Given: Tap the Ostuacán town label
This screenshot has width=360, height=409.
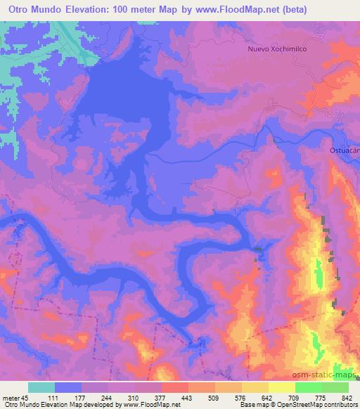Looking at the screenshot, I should (x=344, y=150).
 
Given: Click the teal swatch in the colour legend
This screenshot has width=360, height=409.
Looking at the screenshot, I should (x=41, y=387).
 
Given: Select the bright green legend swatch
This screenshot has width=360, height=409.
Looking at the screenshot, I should (x=309, y=387).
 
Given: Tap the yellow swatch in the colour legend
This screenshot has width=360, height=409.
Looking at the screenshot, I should (x=255, y=387).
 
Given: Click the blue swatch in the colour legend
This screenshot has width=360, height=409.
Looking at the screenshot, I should (x=68, y=387).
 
